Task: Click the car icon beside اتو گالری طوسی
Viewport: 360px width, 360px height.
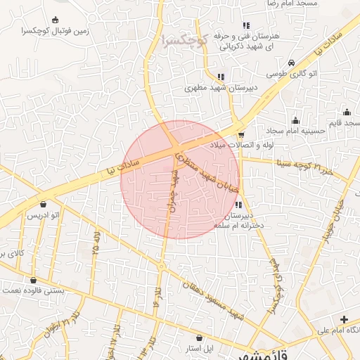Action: [x=291, y=63]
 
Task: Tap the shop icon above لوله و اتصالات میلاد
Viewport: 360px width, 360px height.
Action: [x=241, y=134]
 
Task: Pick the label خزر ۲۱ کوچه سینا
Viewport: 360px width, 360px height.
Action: [x=302, y=167]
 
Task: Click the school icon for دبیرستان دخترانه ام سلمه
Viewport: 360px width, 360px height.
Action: [x=238, y=205]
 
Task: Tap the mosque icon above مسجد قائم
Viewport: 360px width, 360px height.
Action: [x=347, y=112]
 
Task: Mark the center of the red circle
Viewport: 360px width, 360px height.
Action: [x=180, y=180]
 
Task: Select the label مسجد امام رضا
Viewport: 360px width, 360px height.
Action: [x=285, y=4]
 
